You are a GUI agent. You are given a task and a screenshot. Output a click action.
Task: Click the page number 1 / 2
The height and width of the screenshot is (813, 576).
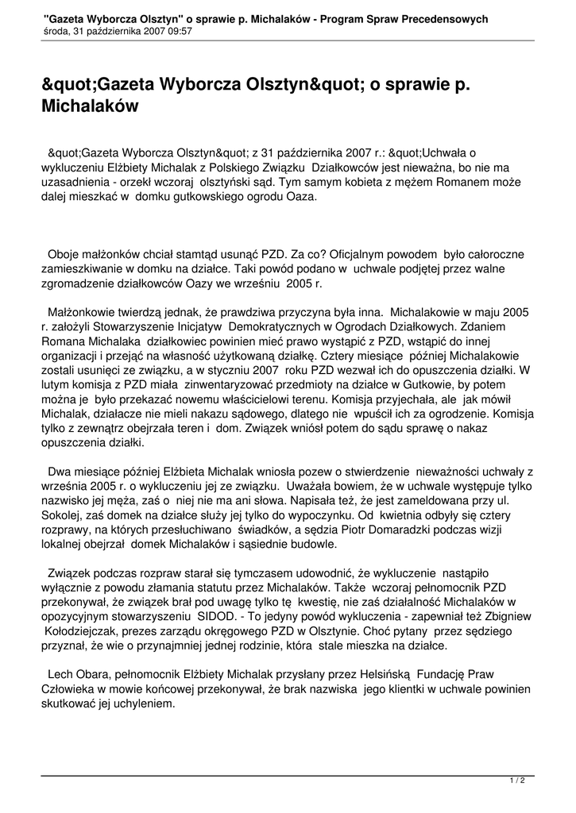click(517, 781)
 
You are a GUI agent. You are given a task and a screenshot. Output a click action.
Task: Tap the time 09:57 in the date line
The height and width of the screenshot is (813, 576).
click(179, 32)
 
